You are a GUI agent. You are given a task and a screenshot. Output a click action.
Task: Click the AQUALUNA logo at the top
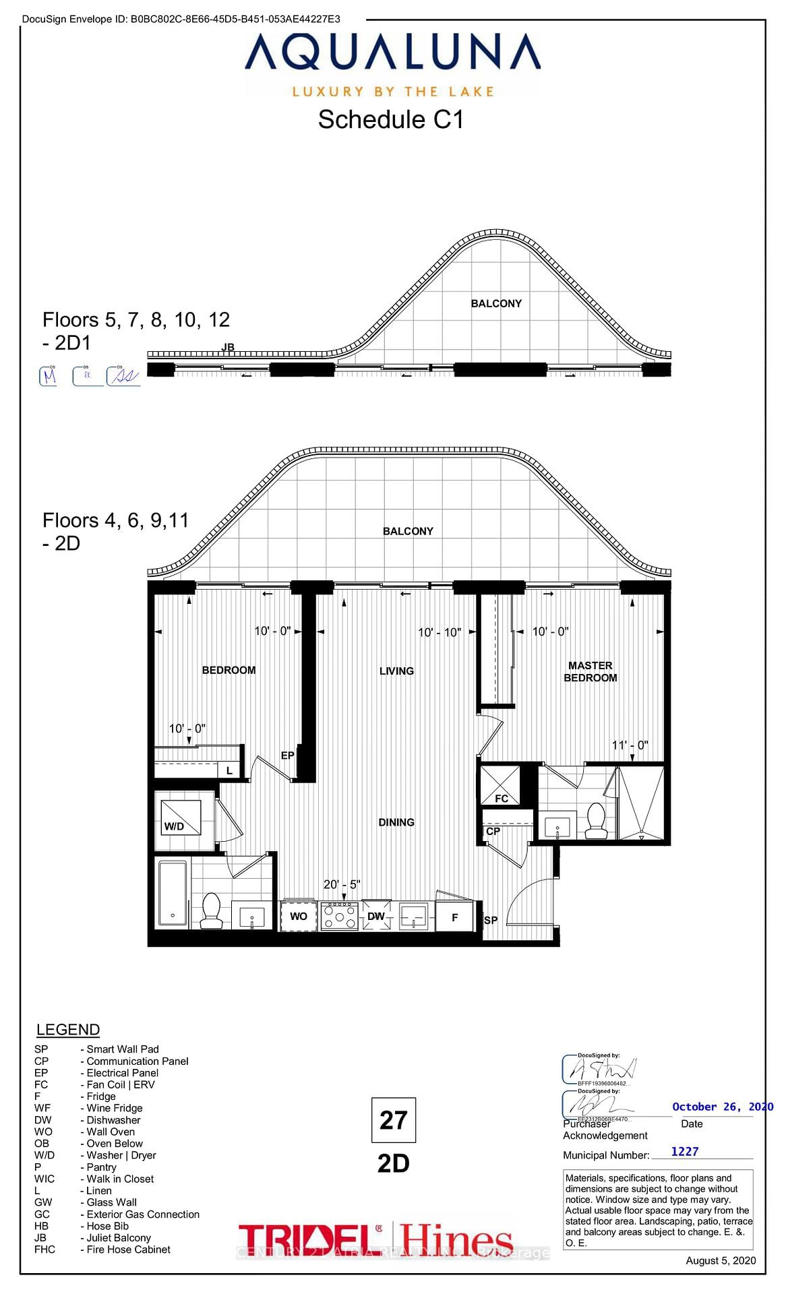392,53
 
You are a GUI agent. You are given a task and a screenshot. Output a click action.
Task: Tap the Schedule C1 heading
391,120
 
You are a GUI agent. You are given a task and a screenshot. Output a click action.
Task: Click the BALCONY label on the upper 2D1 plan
496,303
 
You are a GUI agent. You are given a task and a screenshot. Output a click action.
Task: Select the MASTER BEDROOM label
590,671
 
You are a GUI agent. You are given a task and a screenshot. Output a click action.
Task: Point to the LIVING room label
396,671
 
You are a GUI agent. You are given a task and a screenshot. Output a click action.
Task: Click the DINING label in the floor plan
396,822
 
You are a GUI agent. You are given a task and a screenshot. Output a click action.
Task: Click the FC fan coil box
500,786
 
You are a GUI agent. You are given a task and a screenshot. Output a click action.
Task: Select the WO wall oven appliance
299,916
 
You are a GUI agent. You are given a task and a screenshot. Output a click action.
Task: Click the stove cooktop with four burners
340,916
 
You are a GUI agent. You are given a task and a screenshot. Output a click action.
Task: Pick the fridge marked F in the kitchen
454,917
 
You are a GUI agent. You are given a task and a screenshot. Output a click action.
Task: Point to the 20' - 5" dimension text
342,884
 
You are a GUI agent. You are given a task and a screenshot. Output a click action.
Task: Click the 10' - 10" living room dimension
439,632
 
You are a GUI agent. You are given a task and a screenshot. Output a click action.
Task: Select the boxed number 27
393,1120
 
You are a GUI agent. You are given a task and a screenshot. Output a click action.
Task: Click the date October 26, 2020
722,1107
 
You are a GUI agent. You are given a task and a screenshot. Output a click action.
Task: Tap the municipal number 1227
684,1152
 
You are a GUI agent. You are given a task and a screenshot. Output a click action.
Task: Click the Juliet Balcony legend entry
118,1237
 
